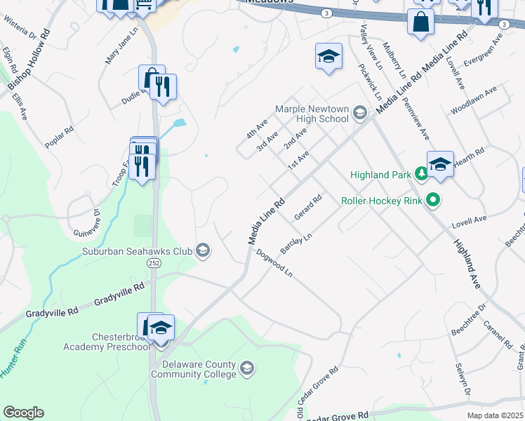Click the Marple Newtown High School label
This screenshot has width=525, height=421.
pos(312,114)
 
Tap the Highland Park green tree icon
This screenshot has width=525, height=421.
pos(420,173)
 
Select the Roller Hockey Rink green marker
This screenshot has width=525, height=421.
pos(433,201)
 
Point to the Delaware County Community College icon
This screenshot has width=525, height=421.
pos(246,368)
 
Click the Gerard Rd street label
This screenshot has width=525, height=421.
pos(307,207)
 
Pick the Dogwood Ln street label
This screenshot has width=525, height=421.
pos(274,263)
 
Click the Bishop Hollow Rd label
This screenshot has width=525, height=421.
pos(29,59)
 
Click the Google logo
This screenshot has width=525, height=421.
pos(23,413)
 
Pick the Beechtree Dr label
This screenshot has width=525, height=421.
pos(468,321)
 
